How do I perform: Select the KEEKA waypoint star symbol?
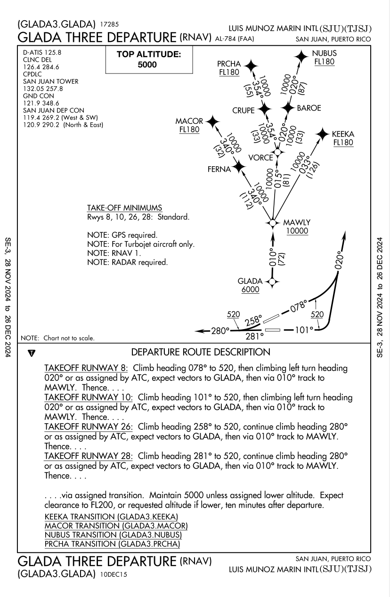click(x=323, y=134)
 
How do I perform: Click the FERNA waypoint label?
click(x=219, y=169)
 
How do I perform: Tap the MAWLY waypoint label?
click(x=297, y=222)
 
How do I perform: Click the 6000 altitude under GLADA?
click(x=250, y=290)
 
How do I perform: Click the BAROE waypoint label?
click(x=309, y=108)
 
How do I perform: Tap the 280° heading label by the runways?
click(x=219, y=331)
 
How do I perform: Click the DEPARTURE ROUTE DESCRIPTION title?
click(x=201, y=352)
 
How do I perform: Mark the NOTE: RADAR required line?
click(x=127, y=262)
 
